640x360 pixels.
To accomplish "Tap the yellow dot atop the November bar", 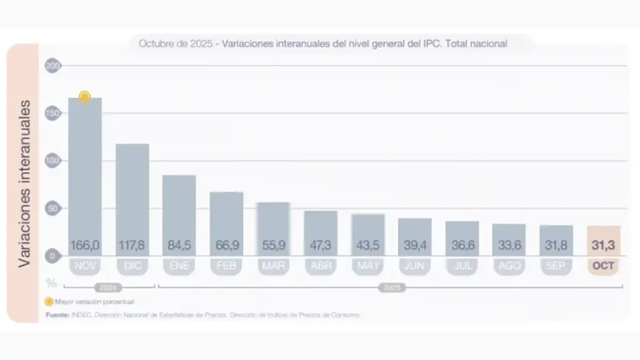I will [84, 97].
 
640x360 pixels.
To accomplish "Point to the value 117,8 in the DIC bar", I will [132, 246].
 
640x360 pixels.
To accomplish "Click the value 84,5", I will [179, 246].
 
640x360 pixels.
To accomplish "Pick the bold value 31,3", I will [603, 246].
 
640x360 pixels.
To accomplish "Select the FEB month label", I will [226, 266].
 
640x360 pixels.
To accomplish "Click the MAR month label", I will [273, 266].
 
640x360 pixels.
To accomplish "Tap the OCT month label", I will [603, 266].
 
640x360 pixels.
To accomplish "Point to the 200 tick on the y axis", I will [53, 66].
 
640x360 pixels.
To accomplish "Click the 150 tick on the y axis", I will [53, 113].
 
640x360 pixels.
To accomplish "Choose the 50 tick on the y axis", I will [53, 208].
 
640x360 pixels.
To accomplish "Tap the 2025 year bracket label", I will [391, 287].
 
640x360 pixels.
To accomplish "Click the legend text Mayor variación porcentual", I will [94, 301].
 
